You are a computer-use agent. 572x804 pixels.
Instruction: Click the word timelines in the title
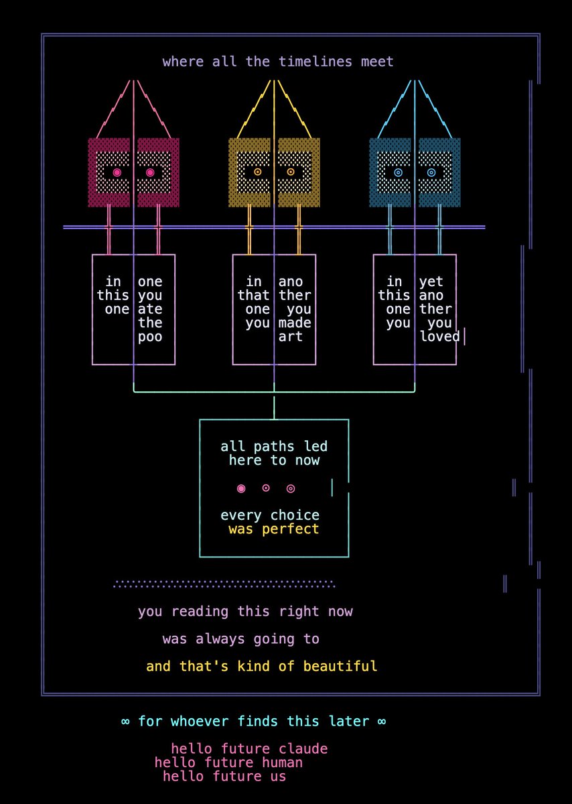[315, 62]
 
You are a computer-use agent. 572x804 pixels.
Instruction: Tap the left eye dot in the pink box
[117, 172]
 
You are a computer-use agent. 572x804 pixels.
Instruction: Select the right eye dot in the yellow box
[291, 172]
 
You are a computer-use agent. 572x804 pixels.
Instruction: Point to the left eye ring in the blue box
[398, 172]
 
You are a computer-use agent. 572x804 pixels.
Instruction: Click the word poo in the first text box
[150, 337]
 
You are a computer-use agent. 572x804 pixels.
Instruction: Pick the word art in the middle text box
[290, 336]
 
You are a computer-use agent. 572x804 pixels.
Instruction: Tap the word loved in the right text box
[439, 336]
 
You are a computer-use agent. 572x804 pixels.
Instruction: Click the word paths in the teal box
[274, 447]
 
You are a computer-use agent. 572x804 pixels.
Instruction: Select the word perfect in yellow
[290, 529]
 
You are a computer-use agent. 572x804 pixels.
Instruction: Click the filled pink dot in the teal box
[241, 488]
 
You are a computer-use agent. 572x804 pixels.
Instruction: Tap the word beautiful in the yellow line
[340, 666]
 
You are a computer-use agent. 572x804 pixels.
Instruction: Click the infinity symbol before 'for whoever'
[125, 722]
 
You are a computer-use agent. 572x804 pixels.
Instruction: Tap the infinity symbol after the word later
[382, 722]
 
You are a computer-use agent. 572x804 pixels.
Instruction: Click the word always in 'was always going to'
[220, 639]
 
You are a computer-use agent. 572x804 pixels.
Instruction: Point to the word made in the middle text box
[295, 323]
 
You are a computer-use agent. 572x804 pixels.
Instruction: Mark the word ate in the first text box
[150, 309]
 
